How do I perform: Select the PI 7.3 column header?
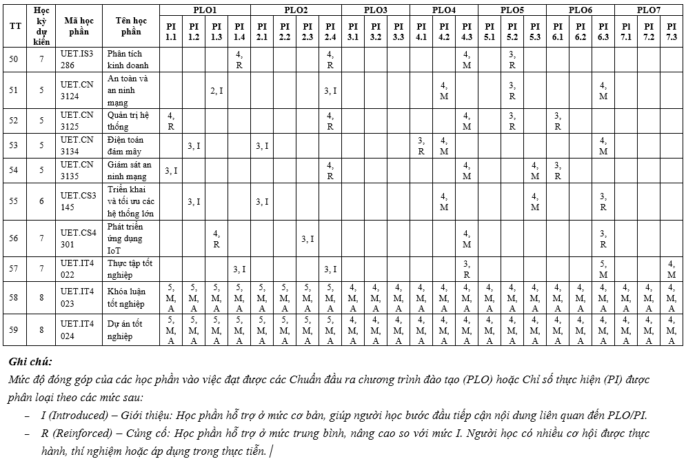pyautogui.click(x=671, y=31)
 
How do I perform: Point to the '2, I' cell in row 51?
pyautogui.click(x=216, y=90)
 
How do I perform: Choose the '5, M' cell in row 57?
pyautogui.click(x=603, y=269)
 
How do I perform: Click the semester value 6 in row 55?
pyautogui.click(x=41, y=201)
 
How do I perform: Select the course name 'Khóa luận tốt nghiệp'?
pyautogui.click(x=126, y=298)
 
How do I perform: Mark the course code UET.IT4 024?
pyautogui.click(x=77, y=329)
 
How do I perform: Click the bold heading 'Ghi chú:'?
pyautogui.click(x=30, y=361)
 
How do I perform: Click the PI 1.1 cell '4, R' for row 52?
pyautogui.click(x=171, y=121)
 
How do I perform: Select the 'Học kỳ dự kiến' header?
pyautogui.click(x=41, y=26)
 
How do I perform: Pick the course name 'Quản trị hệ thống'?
pyautogui.click(x=128, y=121)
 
